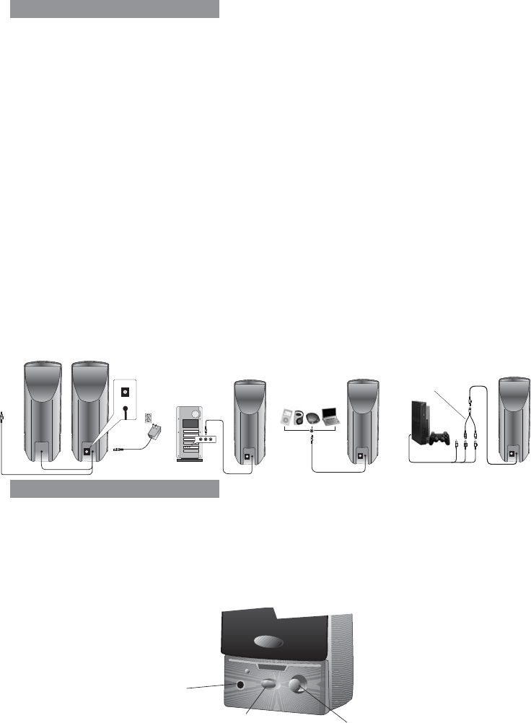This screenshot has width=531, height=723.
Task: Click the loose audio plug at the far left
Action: [x=5, y=416]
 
